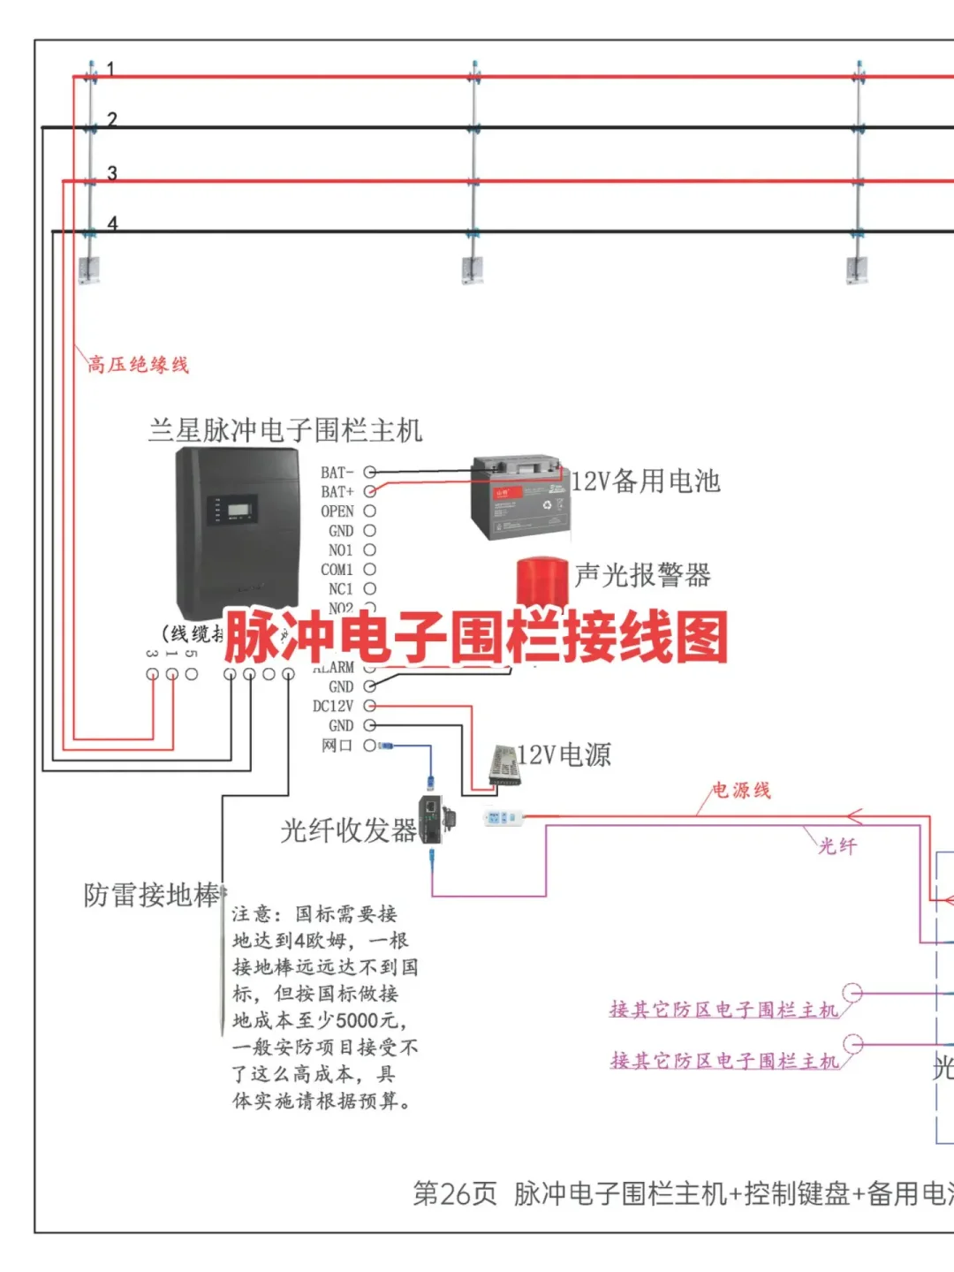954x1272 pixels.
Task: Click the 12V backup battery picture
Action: (x=519, y=496)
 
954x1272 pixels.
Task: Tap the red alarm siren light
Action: (x=541, y=580)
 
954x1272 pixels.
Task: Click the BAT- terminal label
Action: (x=337, y=473)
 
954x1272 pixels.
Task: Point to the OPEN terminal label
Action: (x=337, y=511)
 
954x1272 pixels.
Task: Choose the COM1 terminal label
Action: (x=337, y=570)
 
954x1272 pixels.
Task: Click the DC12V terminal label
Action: (x=333, y=706)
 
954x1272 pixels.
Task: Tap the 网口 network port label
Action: (x=337, y=746)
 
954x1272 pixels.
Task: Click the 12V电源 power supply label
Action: (x=564, y=755)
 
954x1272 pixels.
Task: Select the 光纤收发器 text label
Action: (x=348, y=830)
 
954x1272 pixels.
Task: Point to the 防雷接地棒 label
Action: (x=151, y=895)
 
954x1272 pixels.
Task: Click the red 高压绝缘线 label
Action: (x=138, y=364)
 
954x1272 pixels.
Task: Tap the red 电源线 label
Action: (x=741, y=790)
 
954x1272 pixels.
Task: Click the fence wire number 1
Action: (x=110, y=68)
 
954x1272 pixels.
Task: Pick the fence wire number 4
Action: (x=112, y=223)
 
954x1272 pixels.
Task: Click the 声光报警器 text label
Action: (x=643, y=576)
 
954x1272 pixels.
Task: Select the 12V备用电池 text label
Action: (x=646, y=481)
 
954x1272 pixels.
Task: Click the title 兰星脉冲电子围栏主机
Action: (x=285, y=430)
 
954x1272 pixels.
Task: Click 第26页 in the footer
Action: (x=455, y=1193)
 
